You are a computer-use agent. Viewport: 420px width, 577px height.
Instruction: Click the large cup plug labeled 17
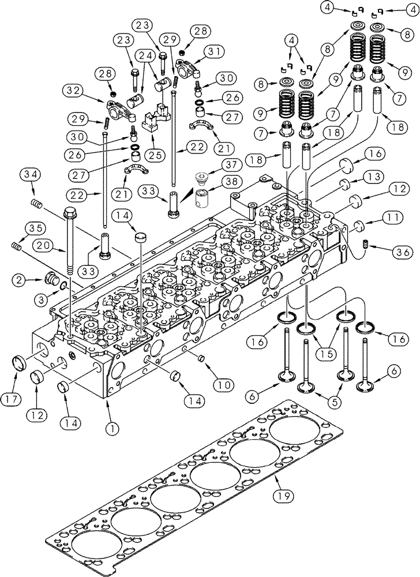pyautogui.click(x=20, y=365)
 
